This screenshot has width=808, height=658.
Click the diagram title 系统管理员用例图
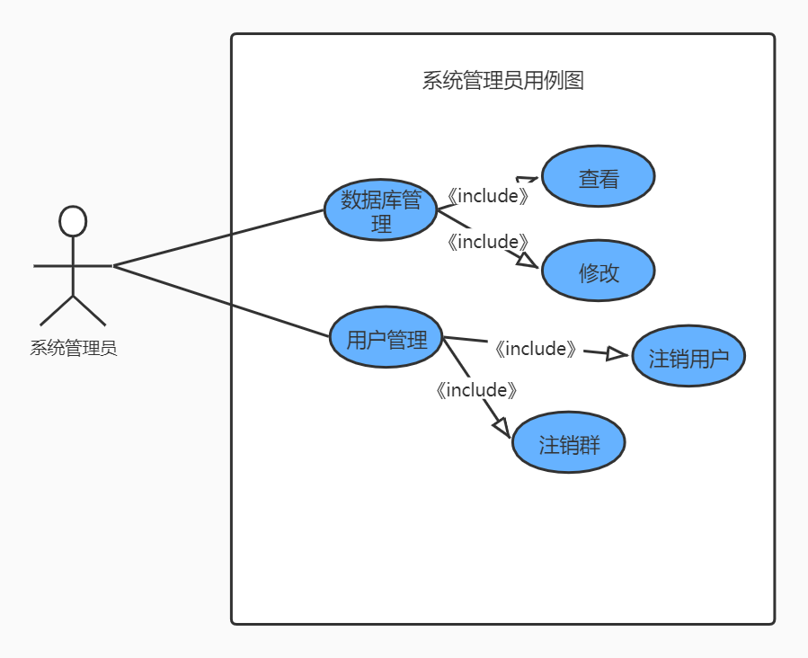tap(503, 81)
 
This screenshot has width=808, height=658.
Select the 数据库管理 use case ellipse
tap(380, 210)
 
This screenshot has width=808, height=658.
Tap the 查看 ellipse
tap(598, 177)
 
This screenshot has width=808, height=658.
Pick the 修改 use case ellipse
tap(598, 271)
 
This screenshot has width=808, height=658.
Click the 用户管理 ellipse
tap(386, 338)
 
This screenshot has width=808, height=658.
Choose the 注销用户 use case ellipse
tap(688, 356)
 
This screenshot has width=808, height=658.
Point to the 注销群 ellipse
tap(568, 442)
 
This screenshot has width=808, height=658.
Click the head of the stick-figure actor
tap(72, 221)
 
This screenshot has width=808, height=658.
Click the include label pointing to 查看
tap(488, 195)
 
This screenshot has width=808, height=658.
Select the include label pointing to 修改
tap(487, 241)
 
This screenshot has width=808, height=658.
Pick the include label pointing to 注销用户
tap(535, 349)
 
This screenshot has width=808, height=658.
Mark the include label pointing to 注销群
tap(476, 390)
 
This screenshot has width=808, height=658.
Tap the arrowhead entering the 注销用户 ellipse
tap(617, 354)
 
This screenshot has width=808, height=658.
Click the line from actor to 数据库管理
tap(218, 238)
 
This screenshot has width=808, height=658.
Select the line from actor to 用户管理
tap(222, 301)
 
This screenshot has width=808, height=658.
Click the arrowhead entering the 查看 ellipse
tap(527, 179)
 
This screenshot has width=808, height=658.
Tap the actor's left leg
tap(56, 310)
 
